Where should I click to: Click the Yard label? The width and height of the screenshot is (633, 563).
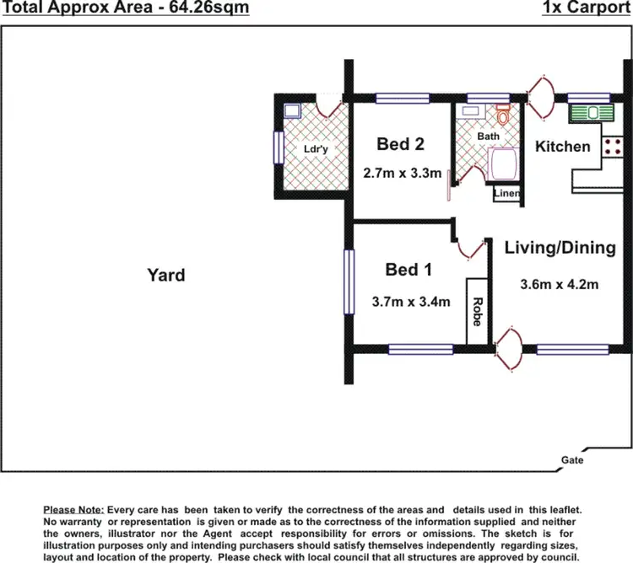click(165, 275)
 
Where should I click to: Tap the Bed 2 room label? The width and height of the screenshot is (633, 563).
click(400, 144)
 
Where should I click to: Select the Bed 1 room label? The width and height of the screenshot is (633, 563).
click(408, 270)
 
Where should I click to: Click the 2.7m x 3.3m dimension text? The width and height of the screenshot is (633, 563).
click(403, 173)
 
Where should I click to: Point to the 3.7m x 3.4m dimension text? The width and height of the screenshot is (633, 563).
click(410, 301)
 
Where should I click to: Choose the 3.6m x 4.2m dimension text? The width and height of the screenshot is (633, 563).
click(560, 284)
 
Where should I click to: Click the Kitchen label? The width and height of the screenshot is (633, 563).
click(563, 147)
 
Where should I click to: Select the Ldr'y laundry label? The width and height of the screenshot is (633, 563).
click(316, 149)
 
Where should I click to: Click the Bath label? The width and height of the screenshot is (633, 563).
click(488, 136)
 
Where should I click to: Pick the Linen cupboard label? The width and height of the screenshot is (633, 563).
click(506, 194)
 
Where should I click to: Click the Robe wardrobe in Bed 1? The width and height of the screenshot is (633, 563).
click(477, 311)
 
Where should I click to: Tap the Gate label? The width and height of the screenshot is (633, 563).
click(571, 460)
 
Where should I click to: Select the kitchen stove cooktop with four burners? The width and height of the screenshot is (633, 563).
click(613, 146)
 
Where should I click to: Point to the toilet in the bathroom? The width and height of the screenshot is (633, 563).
click(503, 115)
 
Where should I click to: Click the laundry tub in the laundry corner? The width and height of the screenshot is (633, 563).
click(292, 110)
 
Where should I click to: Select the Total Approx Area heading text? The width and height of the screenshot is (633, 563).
click(127, 9)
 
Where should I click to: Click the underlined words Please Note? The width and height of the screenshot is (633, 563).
click(73, 511)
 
